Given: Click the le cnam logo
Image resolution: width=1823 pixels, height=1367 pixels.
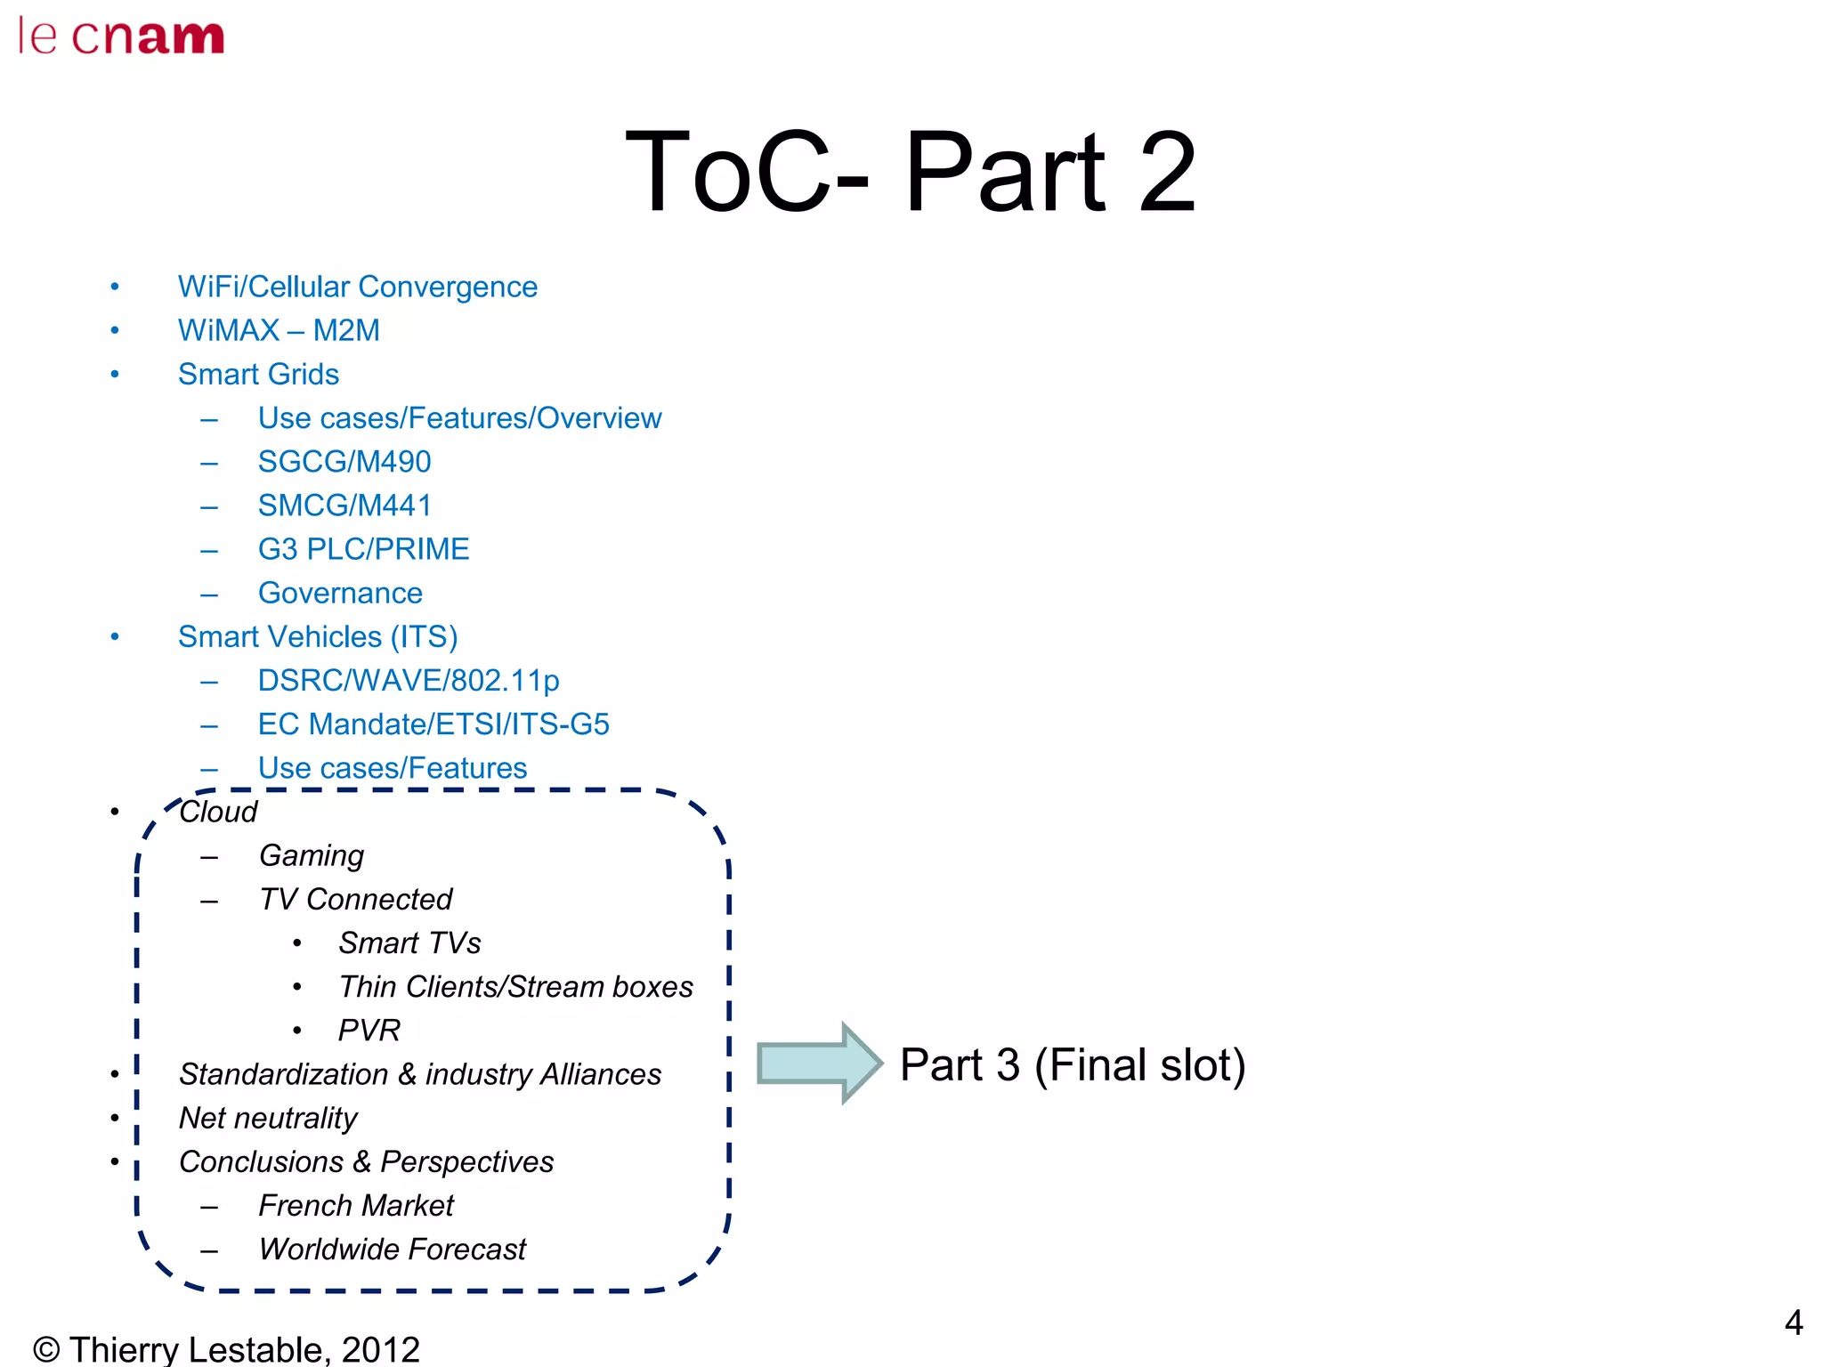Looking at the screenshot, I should point(121,36).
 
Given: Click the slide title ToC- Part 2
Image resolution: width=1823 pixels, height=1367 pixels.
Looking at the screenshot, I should point(910,171).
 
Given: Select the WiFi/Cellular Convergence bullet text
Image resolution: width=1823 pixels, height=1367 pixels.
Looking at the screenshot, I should point(357,287).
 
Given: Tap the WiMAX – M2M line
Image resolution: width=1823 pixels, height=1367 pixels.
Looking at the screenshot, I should point(279,330).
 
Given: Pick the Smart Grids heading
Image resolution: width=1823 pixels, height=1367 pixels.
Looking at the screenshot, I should point(258,374).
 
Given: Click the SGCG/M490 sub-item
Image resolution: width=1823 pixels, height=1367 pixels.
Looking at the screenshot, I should point(344,461).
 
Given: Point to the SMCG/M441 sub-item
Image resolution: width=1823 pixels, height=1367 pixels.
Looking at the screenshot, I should point(344,505).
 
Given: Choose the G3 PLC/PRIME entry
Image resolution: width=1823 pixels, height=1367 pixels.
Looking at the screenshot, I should point(363,548).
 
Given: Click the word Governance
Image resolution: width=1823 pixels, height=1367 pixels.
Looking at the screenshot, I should point(340,593).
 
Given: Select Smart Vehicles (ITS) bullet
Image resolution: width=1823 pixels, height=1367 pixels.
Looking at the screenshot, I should point(318,636).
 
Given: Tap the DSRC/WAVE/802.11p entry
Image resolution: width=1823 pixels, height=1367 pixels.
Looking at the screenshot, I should point(409,680).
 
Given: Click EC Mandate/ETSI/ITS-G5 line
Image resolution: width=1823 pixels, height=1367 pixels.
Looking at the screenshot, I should point(433,724).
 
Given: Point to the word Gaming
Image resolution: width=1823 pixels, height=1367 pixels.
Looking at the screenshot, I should point(312,855).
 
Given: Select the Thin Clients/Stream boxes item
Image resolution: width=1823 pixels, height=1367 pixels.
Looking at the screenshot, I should point(515,986).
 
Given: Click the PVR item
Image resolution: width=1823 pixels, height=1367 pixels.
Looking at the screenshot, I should point(369,1030).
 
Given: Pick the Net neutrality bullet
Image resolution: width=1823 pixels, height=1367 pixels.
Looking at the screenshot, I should point(268,1118).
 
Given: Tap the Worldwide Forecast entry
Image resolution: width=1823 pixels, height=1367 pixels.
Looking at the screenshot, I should point(393,1249).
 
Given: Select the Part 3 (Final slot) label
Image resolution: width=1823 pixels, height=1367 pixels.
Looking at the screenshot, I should point(1072,1064).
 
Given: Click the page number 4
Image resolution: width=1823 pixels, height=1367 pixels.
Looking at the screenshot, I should point(1793,1323).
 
